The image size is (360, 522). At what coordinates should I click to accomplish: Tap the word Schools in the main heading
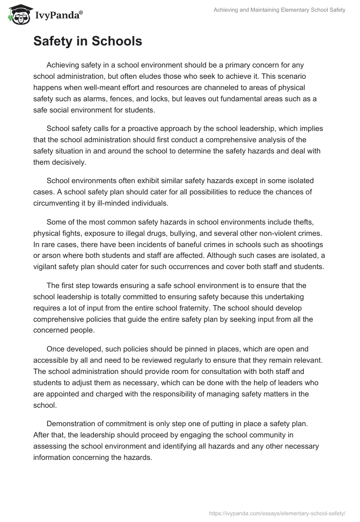tap(117, 41)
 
